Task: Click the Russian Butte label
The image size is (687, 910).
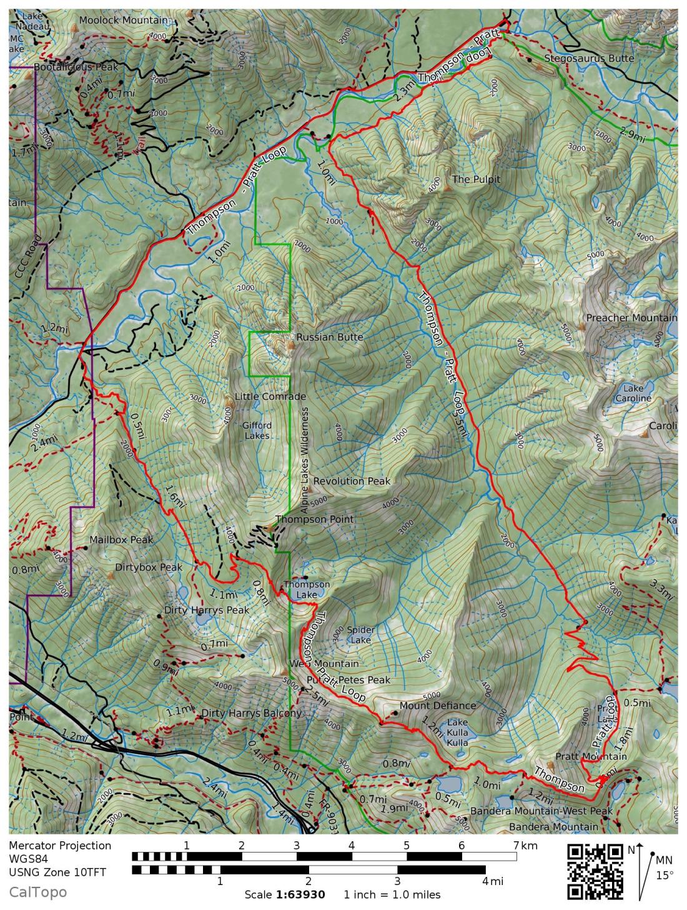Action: click(x=329, y=337)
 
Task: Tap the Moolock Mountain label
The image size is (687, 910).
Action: click(x=124, y=21)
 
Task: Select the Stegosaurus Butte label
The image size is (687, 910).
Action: click(x=588, y=59)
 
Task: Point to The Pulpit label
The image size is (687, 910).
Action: click(x=477, y=179)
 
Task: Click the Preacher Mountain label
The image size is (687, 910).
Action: click(x=631, y=318)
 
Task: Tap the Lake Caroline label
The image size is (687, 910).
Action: click(x=633, y=393)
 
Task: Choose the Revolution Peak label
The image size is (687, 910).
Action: click(x=352, y=481)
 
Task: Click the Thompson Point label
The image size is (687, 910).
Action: click(x=314, y=519)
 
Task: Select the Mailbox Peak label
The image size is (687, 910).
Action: click(x=121, y=540)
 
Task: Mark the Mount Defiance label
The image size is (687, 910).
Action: click(x=437, y=706)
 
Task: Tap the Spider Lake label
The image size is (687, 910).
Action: click(x=360, y=635)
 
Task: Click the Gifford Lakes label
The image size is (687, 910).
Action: click(x=257, y=430)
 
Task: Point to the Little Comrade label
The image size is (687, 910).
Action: click(x=270, y=397)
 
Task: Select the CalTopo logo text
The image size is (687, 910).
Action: click(x=37, y=893)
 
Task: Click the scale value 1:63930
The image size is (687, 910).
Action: click(x=300, y=894)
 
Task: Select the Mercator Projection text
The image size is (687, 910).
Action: click(x=60, y=846)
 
